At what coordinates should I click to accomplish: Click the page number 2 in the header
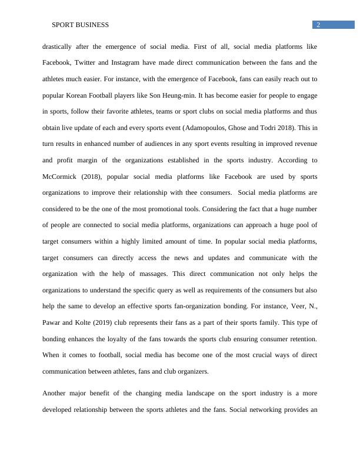[x=318, y=25]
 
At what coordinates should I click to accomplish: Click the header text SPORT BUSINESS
[x=81, y=25]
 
